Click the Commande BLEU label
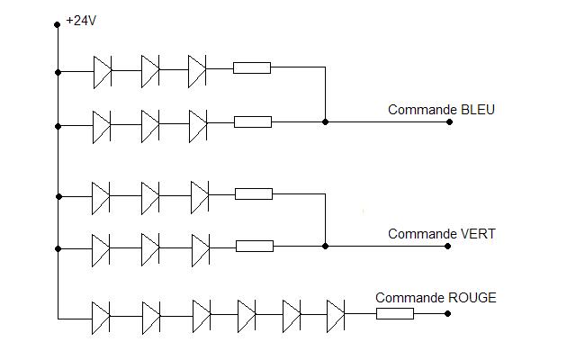pos(441,110)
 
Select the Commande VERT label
pos(441,234)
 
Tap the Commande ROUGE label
pos(436,298)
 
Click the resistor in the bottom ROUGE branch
pos(394,314)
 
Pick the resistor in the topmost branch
pos(252,67)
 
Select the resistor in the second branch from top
pos(252,121)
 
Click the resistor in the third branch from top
pos(254,193)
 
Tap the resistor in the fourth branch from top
pos(254,246)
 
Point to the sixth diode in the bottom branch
pos(336,314)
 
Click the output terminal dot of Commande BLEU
pos(449,121)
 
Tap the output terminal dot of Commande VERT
pos(449,246)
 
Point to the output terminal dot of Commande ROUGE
pos(449,314)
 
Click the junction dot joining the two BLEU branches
pos(325,121)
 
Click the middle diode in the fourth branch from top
pos(150,246)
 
